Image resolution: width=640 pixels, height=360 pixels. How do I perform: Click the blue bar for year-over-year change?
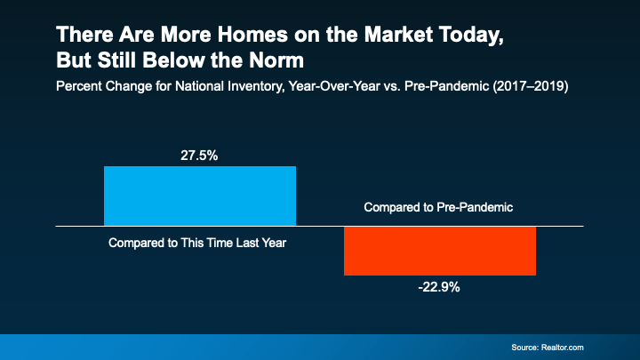point(200,196)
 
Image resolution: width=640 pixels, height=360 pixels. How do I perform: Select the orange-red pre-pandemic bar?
point(440,250)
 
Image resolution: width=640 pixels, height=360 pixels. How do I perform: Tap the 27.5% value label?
point(200,155)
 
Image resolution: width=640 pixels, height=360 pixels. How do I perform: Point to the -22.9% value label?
point(440,287)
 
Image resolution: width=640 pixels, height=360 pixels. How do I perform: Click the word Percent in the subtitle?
point(78,88)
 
